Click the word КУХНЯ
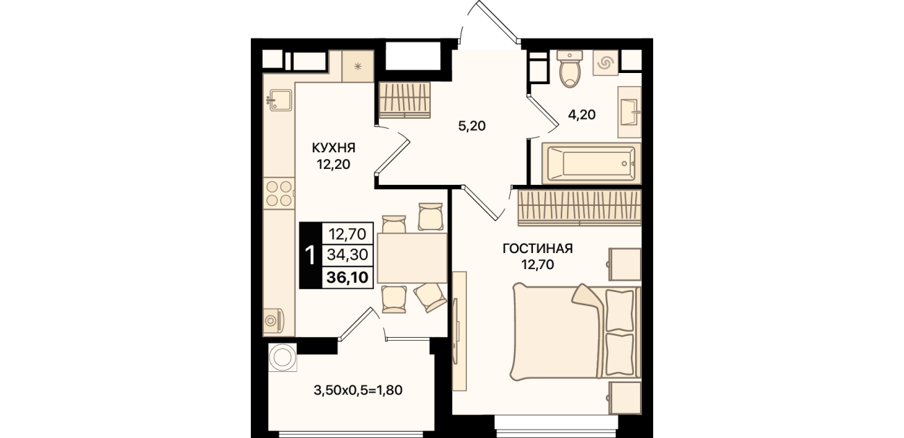334,148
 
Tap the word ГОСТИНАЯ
538,249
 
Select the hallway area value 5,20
472,127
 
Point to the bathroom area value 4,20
582,115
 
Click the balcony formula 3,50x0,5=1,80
358,390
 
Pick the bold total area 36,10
347,277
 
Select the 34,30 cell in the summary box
347,254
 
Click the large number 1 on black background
311,256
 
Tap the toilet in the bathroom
570,69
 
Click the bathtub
591,163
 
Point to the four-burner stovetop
279,193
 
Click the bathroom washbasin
630,112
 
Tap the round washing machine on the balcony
283,357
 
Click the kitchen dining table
412,258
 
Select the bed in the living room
576,332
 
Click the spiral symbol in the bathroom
605,63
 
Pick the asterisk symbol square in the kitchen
358,66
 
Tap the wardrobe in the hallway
405,101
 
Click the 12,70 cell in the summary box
347,234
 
